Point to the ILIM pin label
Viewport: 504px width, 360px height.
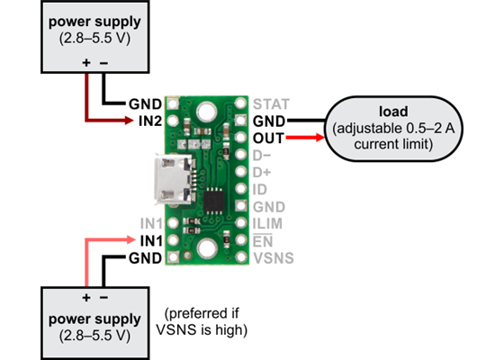point(269,224)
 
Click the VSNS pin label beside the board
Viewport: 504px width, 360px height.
point(273,258)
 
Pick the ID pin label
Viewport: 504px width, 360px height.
point(259,189)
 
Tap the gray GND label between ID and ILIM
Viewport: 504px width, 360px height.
point(268,207)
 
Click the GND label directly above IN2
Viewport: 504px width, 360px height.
point(145,103)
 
